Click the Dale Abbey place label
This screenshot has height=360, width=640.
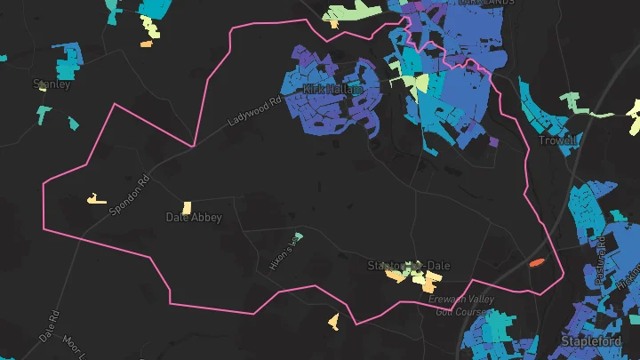pyautogui.click(x=194, y=217)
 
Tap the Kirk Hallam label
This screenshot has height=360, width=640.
pyautogui.click(x=332, y=90)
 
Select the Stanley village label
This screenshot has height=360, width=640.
pyautogui.click(x=51, y=84)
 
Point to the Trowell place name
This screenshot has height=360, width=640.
pyautogui.click(x=557, y=140)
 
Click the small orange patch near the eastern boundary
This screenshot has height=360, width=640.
pyautogui.click(x=535, y=263)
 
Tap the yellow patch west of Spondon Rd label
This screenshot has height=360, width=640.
pyautogui.click(x=93, y=199)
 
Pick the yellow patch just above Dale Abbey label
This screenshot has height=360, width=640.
pyautogui.click(x=187, y=207)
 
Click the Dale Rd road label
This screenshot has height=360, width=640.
pyautogui.click(x=49, y=327)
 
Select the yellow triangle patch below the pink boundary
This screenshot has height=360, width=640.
pyautogui.click(x=333, y=319)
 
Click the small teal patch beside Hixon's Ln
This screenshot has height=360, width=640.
pyautogui.click(x=299, y=236)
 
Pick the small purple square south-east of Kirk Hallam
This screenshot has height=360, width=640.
pyautogui.click(x=492, y=141)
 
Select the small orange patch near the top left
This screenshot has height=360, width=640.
pyautogui.click(x=146, y=43)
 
